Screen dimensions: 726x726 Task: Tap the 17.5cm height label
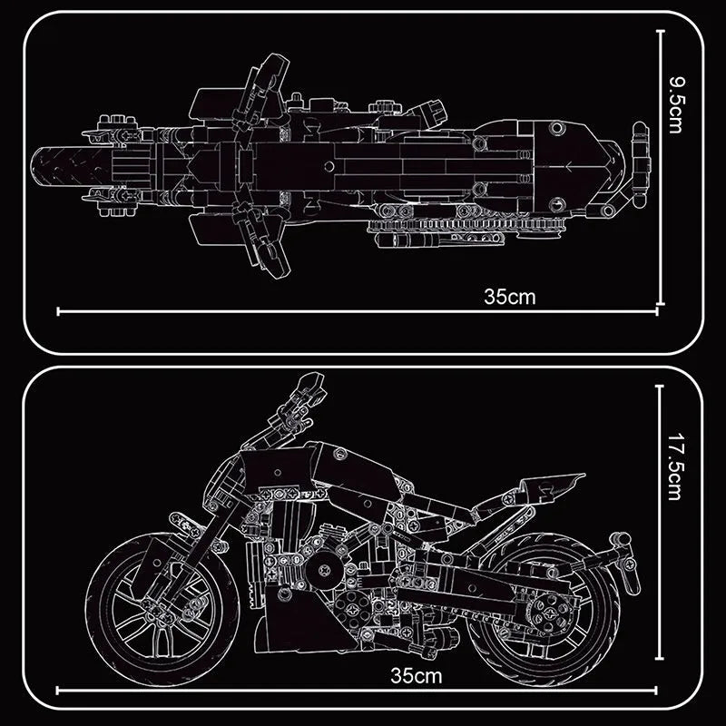tap(674, 467)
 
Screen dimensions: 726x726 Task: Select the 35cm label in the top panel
tap(511, 296)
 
